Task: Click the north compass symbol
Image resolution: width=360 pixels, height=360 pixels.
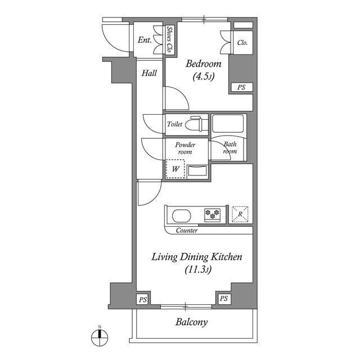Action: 99,337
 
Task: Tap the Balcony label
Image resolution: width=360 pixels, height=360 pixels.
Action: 191,322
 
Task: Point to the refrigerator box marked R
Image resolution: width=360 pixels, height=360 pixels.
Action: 240,214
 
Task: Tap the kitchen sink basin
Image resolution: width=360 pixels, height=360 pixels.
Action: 181,215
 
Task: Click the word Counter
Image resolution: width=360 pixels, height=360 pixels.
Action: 186,231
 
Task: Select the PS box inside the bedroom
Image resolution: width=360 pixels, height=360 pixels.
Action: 241,87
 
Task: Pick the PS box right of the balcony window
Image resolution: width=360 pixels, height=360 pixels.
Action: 224,299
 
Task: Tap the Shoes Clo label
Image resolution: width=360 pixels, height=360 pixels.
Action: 169,40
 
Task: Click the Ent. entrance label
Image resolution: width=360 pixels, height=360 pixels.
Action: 145,40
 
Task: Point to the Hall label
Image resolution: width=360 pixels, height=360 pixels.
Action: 149,73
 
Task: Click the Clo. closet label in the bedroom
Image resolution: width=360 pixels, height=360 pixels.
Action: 242,42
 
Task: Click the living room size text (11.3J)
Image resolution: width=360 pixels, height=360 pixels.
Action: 197,270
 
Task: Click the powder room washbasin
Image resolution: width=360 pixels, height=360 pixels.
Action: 197,170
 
